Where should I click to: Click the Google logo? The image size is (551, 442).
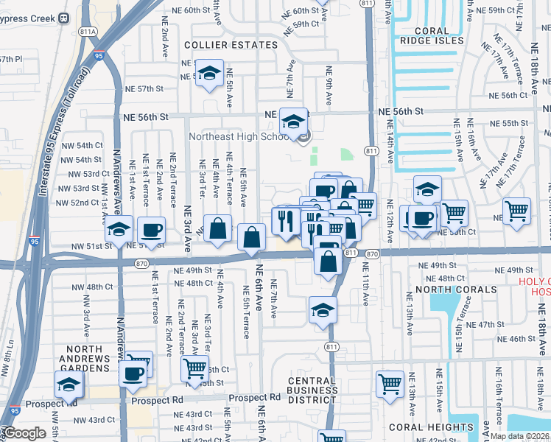click(x=24, y=433)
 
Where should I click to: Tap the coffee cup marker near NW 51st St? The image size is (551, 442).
click(x=152, y=230)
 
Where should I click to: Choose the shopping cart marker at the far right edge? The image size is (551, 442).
click(x=516, y=211)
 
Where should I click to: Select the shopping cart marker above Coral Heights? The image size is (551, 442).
click(x=390, y=383)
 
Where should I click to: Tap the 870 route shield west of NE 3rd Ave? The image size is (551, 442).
click(x=143, y=263)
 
